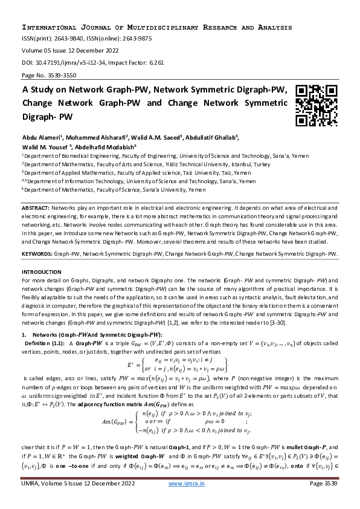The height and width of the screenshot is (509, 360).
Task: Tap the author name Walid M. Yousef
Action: pos(46,146)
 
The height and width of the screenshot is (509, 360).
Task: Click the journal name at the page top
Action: pos(157,28)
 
